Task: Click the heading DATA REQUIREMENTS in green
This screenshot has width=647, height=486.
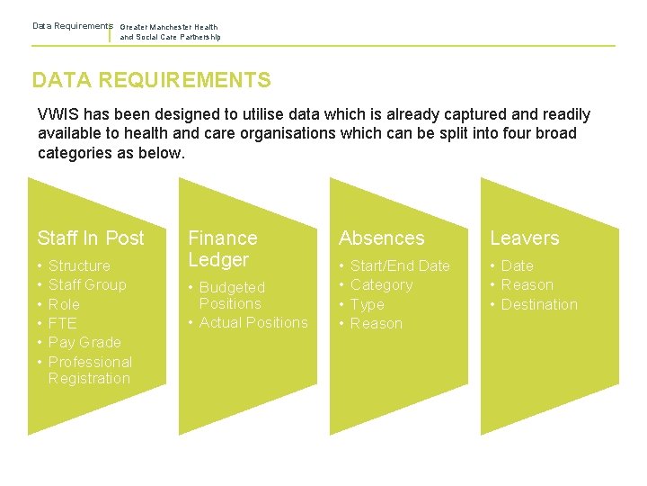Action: pyautogui.click(x=151, y=80)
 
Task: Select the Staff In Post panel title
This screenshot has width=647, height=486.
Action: pyautogui.click(x=91, y=238)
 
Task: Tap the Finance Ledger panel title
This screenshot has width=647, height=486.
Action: pyautogui.click(x=222, y=249)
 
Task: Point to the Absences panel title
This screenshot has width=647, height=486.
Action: pyautogui.click(x=382, y=238)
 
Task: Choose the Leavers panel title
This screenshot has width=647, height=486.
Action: pyautogui.click(x=524, y=238)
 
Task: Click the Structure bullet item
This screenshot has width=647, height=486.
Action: pyautogui.click(x=79, y=265)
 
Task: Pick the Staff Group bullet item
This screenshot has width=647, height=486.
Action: pyautogui.click(x=87, y=284)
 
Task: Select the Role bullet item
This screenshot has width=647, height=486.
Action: pyautogui.click(x=64, y=304)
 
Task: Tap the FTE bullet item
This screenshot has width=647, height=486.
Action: pyautogui.click(x=63, y=323)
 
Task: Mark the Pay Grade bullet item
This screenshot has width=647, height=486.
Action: pyautogui.click(x=84, y=342)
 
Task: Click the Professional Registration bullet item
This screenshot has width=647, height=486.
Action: pyautogui.click(x=90, y=370)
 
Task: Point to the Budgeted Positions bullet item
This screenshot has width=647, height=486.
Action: pyautogui.click(x=232, y=295)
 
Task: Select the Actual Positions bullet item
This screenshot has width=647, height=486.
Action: pyautogui.click(x=253, y=322)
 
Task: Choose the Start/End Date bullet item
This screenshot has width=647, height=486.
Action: pyautogui.click(x=400, y=265)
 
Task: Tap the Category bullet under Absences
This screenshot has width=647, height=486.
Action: pyautogui.click(x=381, y=284)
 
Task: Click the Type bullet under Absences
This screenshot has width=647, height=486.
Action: pyautogui.click(x=367, y=304)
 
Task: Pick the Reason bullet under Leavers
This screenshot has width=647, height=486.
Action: pyautogui.click(x=527, y=284)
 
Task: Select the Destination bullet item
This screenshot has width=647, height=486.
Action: pyautogui.click(x=539, y=304)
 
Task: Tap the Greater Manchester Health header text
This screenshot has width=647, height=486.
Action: pyautogui.click(x=169, y=27)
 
